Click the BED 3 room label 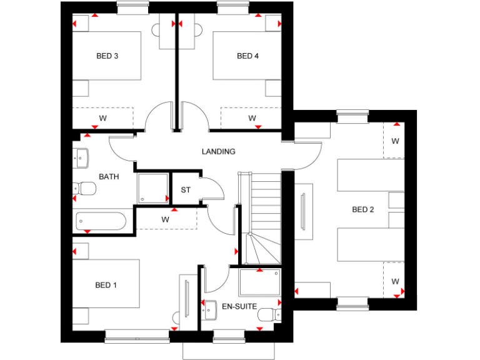107,56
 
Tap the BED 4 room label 247,56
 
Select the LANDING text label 218,152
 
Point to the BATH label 108,177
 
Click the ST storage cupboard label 186,190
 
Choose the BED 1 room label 106,285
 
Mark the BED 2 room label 362,209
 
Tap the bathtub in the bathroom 101,221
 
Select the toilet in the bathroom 85,188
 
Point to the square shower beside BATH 152,187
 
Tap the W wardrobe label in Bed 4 252,117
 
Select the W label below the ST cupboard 166,219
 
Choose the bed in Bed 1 106,284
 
